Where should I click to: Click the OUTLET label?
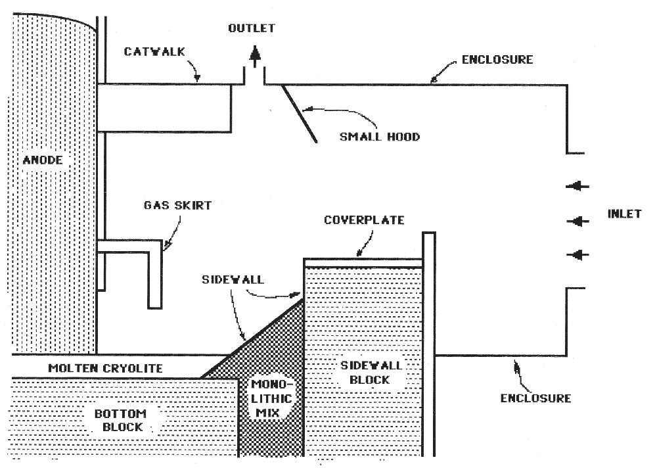click(x=252, y=28)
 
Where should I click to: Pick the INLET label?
click(x=624, y=214)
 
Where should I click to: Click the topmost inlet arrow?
click(x=578, y=187)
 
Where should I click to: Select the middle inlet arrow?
click(x=578, y=222)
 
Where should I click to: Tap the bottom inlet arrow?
click(x=578, y=254)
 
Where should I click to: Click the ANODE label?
click(x=43, y=160)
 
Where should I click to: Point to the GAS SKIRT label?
click(x=177, y=205)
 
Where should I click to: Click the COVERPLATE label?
click(x=364, y=220)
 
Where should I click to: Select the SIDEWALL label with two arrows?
click(x=233, y=279)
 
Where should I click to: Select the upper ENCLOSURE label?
click(x=497, y=60)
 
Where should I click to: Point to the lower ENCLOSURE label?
click(x=535, y=398)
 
